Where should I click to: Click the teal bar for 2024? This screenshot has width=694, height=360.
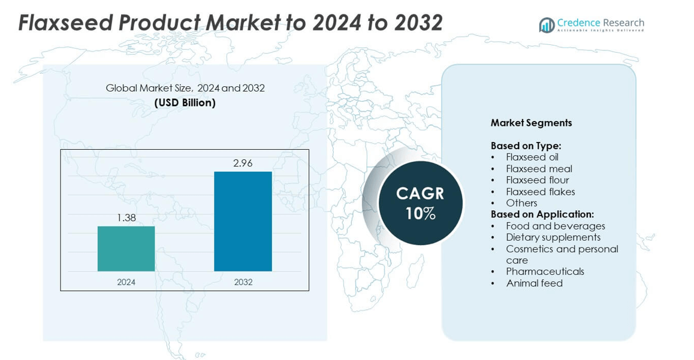click(x=126, y=249)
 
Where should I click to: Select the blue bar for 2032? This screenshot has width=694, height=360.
click(x=243, y=221)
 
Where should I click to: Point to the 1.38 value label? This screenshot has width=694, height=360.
click(x=126, y=218)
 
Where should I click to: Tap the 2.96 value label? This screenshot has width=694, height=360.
click(x=243, y=163)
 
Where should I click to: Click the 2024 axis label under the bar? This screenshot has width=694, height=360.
click(x=126, y=282)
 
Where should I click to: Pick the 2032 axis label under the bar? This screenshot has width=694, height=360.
click(x=243, y=282)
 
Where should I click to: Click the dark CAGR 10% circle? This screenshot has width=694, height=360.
click(x=420, y=203)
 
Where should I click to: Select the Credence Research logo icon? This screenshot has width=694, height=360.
click(x=547, y=25)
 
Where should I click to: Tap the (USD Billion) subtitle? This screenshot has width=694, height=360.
click(x=185, y=102)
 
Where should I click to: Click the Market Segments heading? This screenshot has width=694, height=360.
click(x=531, y=123)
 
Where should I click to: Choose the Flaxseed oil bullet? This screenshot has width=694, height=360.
click(x=532, y=157)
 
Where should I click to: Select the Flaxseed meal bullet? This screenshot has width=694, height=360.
click(x=539, y=168)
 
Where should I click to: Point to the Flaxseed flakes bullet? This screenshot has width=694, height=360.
click(x=540, y=192)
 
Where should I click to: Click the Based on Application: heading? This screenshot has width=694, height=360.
click(x=542, y=214)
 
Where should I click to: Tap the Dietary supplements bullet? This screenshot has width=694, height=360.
click(x=553, y=237)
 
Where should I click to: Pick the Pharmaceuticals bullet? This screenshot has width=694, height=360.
click(x=545, y=271)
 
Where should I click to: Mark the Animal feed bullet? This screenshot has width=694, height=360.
click(x=534, y=283)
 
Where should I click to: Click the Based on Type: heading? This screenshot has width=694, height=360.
click(x=526, y=146)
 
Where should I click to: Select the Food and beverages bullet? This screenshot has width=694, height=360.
click(x=555, y=226)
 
